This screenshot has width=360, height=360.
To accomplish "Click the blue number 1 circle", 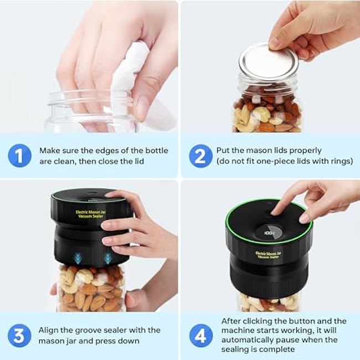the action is pyautogui.click(x=20, y=156).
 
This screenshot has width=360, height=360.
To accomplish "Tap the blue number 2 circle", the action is pyautogui.click(x=200, y=156).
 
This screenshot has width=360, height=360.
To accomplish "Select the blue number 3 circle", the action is pyautogui.click(x=19, y=336).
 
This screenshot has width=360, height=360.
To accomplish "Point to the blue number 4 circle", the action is pyautogui.click(x=201, y=336).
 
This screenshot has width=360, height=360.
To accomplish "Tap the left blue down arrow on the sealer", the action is pyautogui.click(x=78, y=258).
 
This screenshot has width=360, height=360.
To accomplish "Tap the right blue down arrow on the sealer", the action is pyautogui.click(x=107, y=258).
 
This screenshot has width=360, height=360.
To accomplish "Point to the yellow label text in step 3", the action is pyautogui.click(x=91, y=214).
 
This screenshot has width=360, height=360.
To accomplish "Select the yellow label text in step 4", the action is pyautogui.click(x=269, y=255).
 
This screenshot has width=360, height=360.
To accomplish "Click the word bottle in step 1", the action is pyautogui.click(x=157, y=151).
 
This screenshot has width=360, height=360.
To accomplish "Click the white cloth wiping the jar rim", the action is pyautogui.click(x=128, y=76).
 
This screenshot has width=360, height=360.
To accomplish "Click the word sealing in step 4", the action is pyautogui.click(x=234, y=349).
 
